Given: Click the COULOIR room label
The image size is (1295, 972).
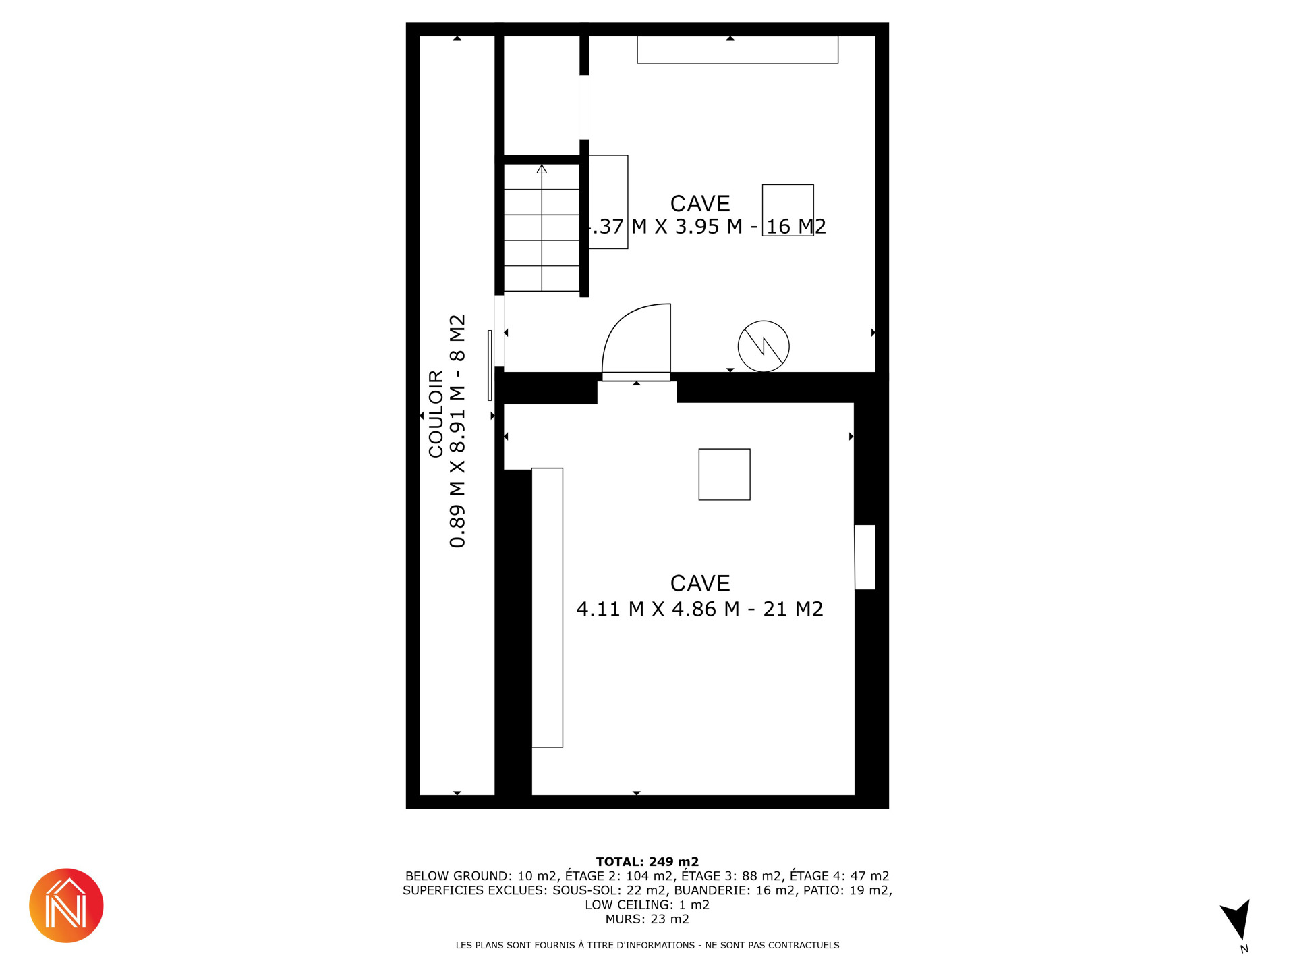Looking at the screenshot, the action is (436, 413).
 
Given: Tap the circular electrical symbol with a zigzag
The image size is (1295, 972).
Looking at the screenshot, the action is (764, 346).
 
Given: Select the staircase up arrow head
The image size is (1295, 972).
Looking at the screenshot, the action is (542, 169).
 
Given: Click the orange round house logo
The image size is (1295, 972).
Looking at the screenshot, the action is (66, 905).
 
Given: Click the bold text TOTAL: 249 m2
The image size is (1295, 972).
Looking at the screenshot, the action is (647, 861).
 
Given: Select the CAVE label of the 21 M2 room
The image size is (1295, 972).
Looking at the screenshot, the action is (700, 583).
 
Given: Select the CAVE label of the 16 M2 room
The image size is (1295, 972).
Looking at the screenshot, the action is (700, 203).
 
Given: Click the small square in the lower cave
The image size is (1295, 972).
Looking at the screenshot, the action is (724, 475).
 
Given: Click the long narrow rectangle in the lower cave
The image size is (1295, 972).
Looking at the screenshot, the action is (547, 607).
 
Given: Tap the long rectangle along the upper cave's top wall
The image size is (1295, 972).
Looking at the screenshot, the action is (738, 50).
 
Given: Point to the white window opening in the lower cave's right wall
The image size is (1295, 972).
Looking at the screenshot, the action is (865, 557).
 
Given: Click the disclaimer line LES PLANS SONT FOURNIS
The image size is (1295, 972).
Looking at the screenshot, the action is (647, 945).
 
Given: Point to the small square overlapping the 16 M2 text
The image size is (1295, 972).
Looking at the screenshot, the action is (788, 210).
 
